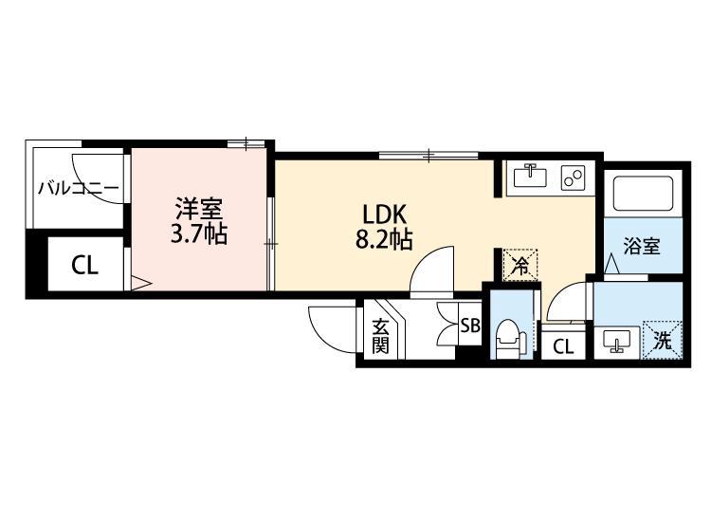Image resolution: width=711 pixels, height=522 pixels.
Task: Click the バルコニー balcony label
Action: coord(78,188)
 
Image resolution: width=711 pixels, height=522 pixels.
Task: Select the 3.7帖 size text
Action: coord(198,234)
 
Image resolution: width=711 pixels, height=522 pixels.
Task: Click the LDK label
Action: coord(383,214)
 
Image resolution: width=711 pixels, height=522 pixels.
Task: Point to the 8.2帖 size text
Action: coord(383,240)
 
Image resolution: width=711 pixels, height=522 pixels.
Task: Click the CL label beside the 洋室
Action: coord(84,266)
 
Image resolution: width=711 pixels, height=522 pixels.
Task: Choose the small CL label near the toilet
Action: coord(563,347)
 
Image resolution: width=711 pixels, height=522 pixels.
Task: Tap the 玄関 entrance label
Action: coord(380,335)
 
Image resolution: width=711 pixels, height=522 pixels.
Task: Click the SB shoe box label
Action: coord(469,326)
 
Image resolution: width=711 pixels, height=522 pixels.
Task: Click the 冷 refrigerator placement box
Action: coord(519,265)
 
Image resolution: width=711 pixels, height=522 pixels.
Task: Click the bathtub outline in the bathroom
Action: coord(643,195)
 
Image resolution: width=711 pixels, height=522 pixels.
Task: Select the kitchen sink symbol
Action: coord(530,177)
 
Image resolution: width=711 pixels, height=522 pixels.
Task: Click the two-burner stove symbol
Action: coord(574,177)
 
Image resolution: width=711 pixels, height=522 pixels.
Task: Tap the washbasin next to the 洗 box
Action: coord(616,341)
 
